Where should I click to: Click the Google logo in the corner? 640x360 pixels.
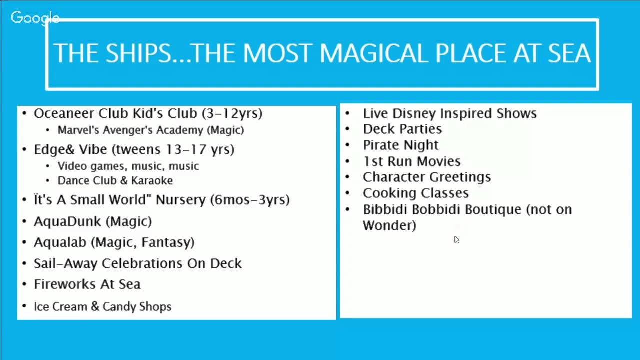[35, 18]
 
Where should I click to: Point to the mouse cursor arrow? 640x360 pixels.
[456, 240]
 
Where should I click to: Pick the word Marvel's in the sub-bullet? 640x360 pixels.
[78, 130]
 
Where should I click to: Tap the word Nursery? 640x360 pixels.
[180, 200]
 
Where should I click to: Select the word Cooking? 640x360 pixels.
[386, 193]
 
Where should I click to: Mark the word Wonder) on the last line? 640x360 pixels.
[389, 225]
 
